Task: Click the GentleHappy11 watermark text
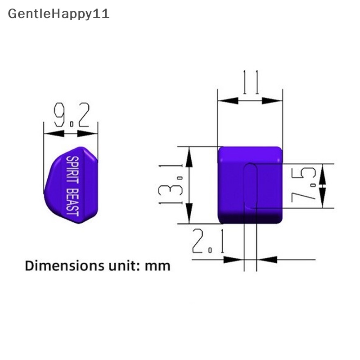point(58,14)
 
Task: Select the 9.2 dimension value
point(72,115)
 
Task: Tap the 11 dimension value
point(251,82)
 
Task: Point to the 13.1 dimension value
point(171,184)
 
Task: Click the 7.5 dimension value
point(303,185)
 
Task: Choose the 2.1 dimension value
point(208,241)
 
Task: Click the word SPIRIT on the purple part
point(72,170)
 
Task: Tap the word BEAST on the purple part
point(72,202)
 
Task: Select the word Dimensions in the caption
point(64,266)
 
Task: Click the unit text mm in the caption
point(157,267)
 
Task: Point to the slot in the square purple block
point(250,186)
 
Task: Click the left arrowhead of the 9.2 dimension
point(54,133)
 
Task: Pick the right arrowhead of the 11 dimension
point(272,100)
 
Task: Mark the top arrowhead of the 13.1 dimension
point(189,157)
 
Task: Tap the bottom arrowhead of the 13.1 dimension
point(189,213)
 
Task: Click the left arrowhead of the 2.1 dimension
point(234,260)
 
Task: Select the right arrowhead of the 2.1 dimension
point(267,260)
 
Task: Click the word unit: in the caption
point(124,266)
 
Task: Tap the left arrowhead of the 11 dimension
point(228,100)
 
